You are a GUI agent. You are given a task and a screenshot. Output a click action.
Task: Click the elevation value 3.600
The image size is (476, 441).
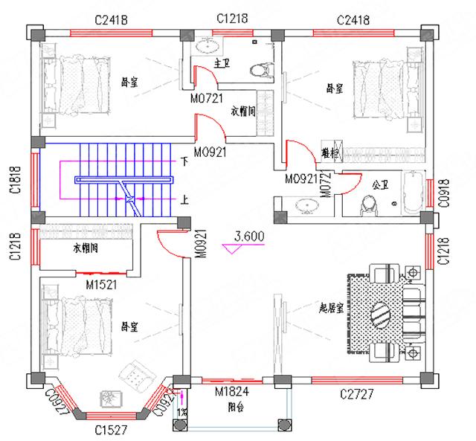click(248, 237)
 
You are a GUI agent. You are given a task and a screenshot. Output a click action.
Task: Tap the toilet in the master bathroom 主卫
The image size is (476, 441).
click(257, 69)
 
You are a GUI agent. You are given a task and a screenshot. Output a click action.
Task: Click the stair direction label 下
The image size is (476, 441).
click(184, 161)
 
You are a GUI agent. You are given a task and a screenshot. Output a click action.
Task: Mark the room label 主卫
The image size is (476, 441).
click(221, 63)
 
